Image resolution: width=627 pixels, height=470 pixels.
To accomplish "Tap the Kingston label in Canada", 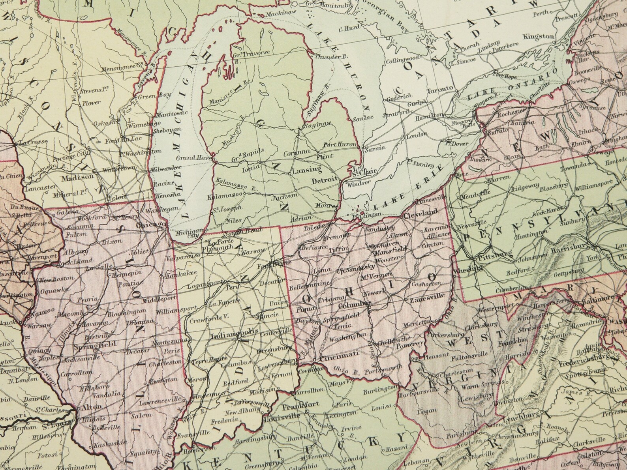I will point(539,36).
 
